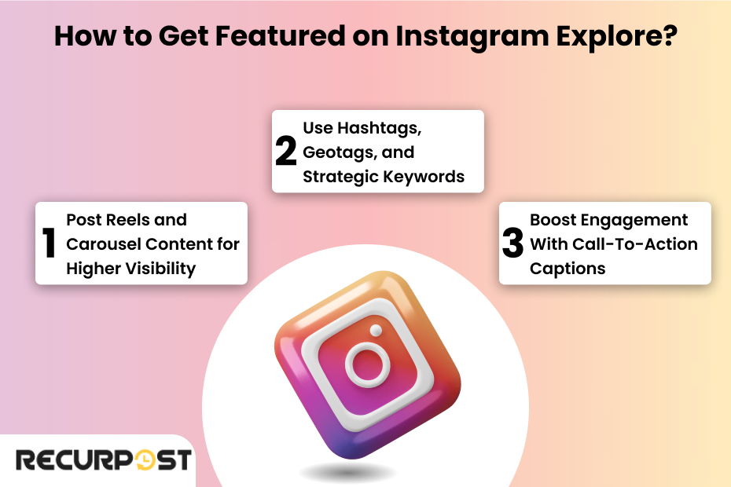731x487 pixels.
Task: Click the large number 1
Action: pyautogui.click(x=50, y=243)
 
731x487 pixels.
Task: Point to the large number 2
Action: pyautogui.click(x=286, y=152)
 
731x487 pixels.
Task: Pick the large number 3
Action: pyautogui.click(x=512, y=243)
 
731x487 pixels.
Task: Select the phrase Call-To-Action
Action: pyautogui.click(x=621, y=243)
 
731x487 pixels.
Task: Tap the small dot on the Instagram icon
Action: pyautogui.click(x=376, y=330)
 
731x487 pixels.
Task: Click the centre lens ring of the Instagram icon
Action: pyautogui.click(x=368, y=363)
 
